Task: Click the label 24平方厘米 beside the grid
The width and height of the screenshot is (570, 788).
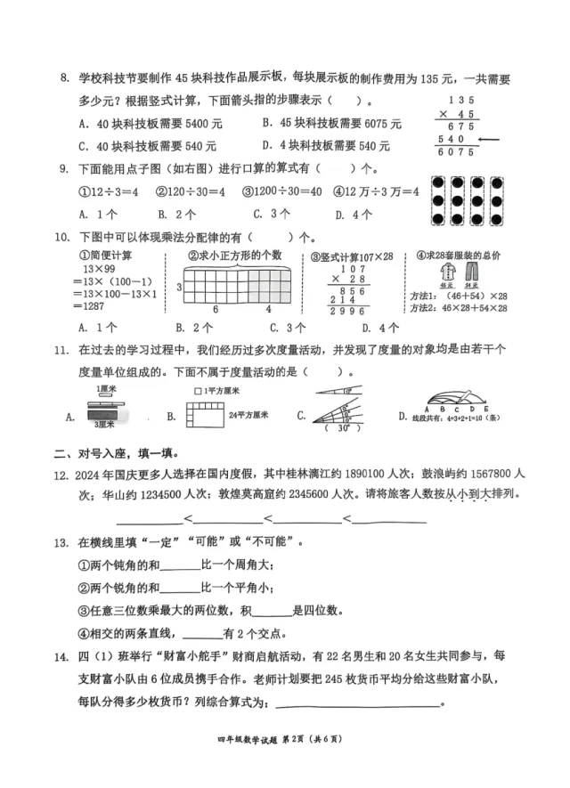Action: pos(243,413)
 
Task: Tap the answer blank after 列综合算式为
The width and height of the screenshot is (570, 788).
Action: pos(358,703)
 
